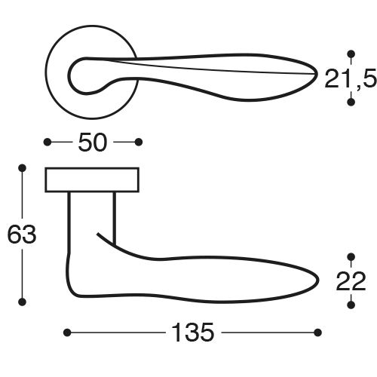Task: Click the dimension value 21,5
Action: click(x=349, y=77)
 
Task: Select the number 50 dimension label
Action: click(x=93, y=142)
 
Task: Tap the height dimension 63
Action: click(x=22, y=235)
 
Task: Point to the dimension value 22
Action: click(x=350, y=280)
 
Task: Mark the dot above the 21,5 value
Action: click(x=350, y=54)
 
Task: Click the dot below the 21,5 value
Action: click(x=350, y=101)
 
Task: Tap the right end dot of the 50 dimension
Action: click(x=139, y=142)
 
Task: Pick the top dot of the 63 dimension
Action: click(x=22, y=167)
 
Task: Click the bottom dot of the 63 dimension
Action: click(x=22, y=302)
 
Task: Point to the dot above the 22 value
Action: click(x=350, y=256)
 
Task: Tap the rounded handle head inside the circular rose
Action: click(x=83, y=75)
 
